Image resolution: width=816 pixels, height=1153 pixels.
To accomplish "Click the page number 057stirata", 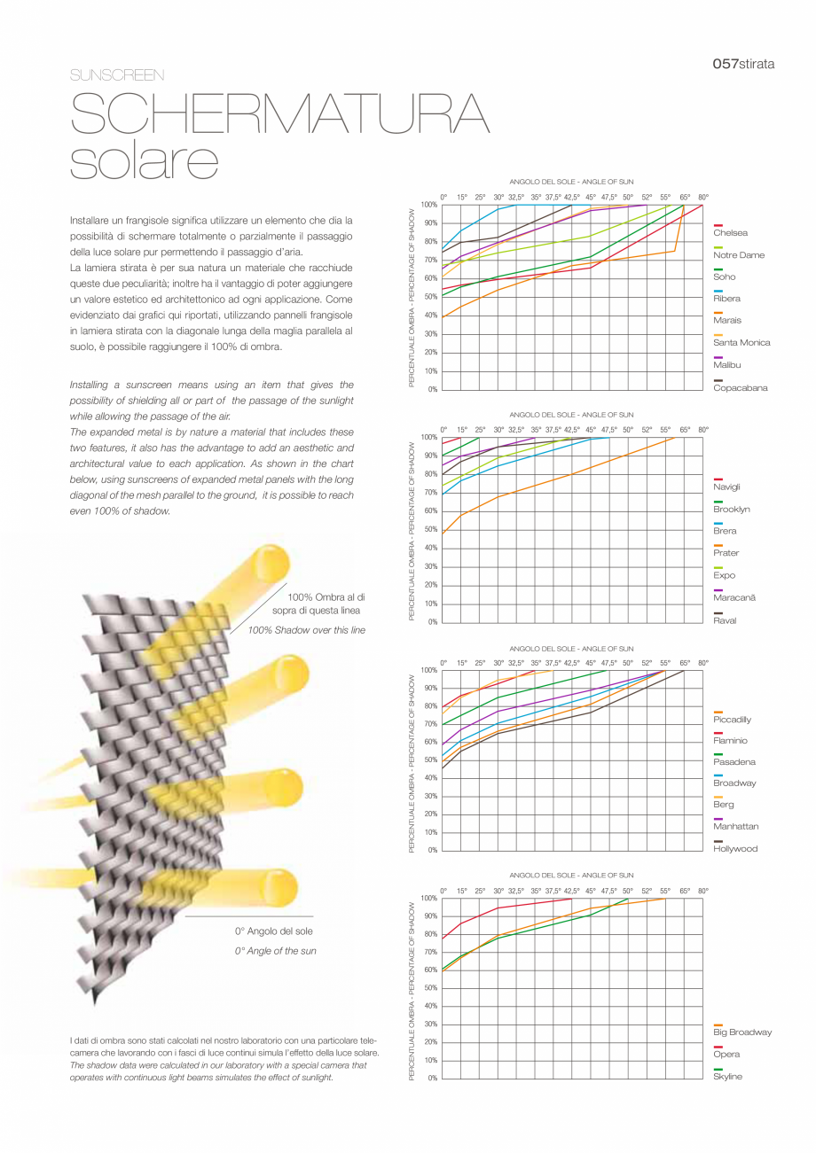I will pyautogui.click(x=743, y=64).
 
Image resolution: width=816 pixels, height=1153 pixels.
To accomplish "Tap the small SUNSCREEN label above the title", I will pyautogui.click(x=117, y=75).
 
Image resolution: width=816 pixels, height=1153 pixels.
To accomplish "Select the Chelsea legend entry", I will pyautogui.click(x=730, y=233).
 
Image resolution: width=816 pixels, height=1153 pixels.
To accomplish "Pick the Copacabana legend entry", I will pyautogui.click(x=740, y=388).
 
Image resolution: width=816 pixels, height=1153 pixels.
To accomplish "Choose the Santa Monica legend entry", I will pyautogui.click(x=741, y=343).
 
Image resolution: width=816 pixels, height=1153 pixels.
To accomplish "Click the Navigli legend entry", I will pyautogui.click(x=726, y=487).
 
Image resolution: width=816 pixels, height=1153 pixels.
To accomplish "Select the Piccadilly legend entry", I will pyautogui.click(x=732, y=720).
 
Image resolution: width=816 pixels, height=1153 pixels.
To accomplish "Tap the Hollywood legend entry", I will pyautogui.click(x=735, y=849).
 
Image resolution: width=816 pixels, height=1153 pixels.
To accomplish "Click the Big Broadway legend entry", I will pyautogui.click(x=742, y=1032).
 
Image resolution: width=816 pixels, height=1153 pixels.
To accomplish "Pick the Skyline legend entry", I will pyautogui.click(x=727, y=1077).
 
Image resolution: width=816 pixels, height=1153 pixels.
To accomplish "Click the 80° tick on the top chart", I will pyautogui.click(x=703, y=197).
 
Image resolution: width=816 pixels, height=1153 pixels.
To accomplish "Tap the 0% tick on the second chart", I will pyautogui.click(x=433, y=622).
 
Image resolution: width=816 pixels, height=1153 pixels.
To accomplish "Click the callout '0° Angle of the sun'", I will pyautogui.click(x=275, y=951).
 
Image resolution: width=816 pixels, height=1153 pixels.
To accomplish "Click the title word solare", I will pyautogui.click(x=144, y=160).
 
